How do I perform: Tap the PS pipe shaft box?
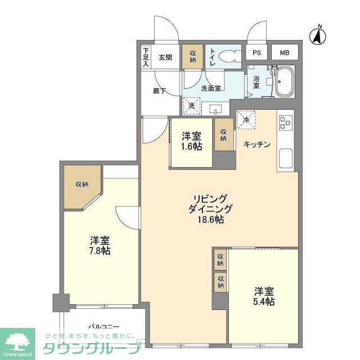[256, 53]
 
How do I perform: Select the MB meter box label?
[285, 53]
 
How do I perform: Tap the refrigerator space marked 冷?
[246, 119]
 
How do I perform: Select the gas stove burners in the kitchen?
[285, 122]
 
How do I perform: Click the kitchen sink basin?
[285, 157]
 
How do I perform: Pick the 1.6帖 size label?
[191, 147]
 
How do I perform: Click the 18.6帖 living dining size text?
[210, 220]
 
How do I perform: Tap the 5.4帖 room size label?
[264, 302]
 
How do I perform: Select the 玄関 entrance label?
[165, 57]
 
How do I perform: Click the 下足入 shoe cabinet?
[146, 57]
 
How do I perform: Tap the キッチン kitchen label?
[257, 145]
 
